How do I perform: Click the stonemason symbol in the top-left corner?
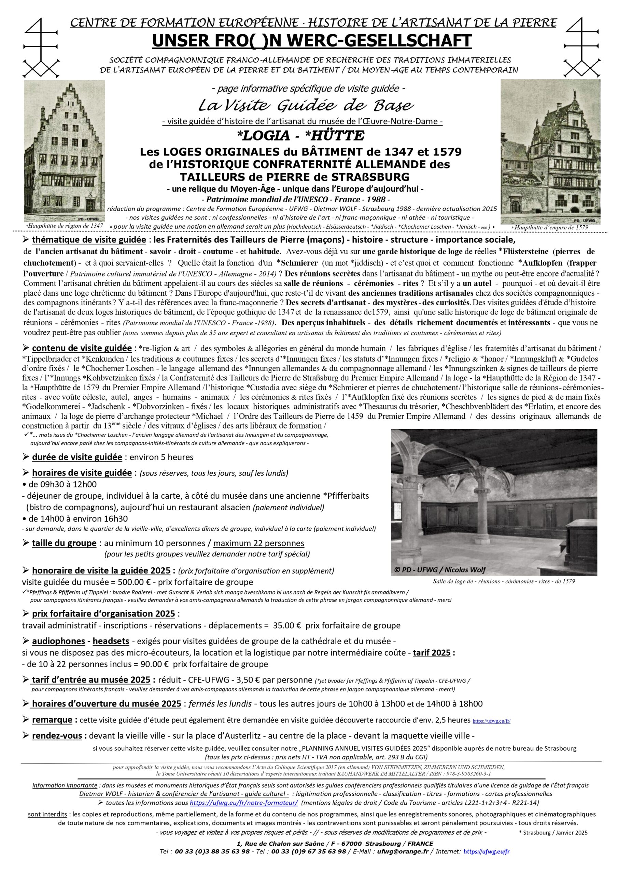[41, 48]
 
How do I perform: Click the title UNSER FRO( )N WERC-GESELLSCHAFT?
[312, 41]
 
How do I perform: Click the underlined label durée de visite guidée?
[77, 457]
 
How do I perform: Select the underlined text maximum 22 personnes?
[258, 543]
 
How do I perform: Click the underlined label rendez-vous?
[57, 736]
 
